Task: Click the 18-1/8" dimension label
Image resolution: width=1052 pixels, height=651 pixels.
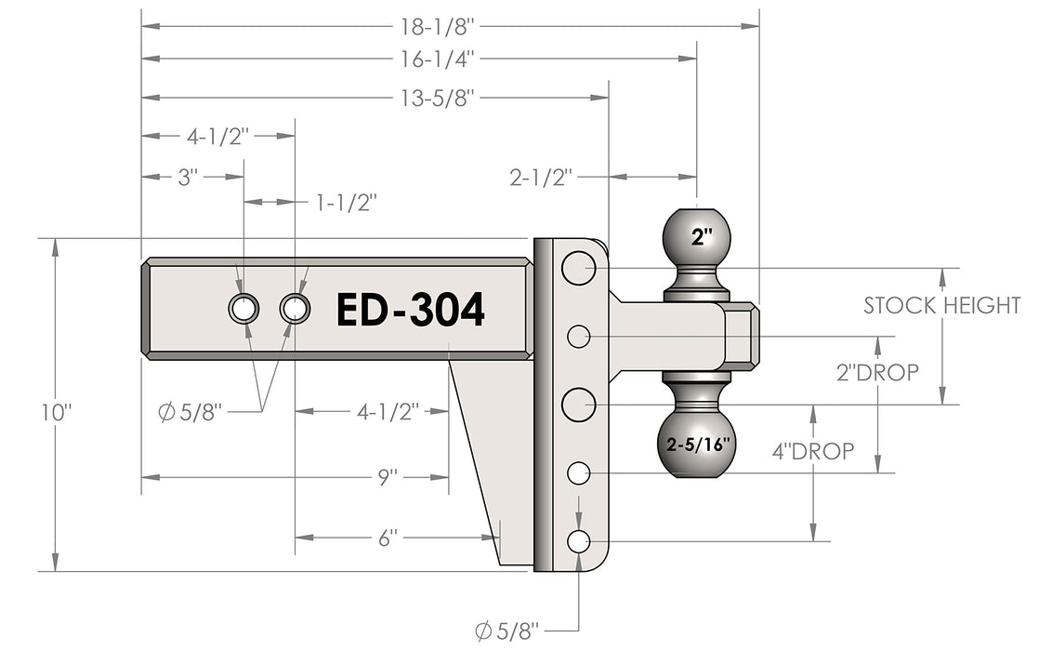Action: [x=438, y=27]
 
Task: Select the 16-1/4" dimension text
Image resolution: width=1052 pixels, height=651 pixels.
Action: [x=438, y=60]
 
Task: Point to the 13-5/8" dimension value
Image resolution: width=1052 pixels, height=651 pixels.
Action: [x=438, y=98]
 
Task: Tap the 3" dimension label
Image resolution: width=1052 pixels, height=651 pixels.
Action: [x=188, y=178]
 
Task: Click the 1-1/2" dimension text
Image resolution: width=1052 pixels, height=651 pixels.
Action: [x=347, y=202]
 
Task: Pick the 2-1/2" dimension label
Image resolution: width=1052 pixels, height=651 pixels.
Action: [x=541, y=178]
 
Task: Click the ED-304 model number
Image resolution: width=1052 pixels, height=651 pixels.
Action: [x=410, y=310]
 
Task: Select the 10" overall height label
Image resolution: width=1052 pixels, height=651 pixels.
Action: [x=57, y=412]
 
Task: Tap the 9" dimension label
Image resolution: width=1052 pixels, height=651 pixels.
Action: [x=388, y=478]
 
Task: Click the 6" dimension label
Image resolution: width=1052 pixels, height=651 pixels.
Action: [x=388, y=538]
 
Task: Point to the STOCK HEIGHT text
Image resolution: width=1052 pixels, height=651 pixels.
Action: [x=941, y=305]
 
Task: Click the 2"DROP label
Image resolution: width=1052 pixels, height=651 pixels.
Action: [x=877, y=372]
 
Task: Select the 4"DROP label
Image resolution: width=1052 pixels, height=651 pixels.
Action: [x=813, y=451]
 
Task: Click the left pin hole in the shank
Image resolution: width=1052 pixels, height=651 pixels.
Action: [x=243, y=309]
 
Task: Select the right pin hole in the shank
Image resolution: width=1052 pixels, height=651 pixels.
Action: [x=295, y=309]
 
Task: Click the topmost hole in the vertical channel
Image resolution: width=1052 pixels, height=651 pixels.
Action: [x=578, y=268]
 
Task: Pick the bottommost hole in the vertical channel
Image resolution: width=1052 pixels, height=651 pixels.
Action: [x=578, y=541]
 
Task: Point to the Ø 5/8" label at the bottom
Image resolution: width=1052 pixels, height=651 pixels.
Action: [x=507, y=631]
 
